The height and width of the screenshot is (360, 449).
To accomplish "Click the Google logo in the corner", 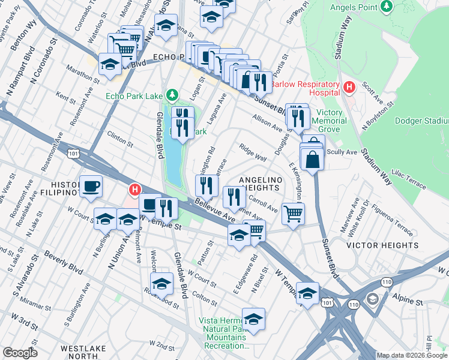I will (20, 353).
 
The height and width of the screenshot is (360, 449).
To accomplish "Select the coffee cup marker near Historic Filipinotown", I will (91, 186).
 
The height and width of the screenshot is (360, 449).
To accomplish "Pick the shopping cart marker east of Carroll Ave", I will (293, 214).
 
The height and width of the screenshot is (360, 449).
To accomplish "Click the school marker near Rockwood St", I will (161, 283).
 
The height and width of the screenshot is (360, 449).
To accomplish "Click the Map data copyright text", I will (412, 355).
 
